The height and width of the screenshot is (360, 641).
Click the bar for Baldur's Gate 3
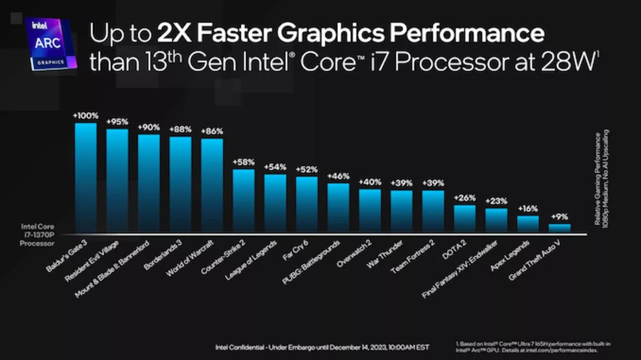click(85, 179)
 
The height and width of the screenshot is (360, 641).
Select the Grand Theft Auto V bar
click(559, 229)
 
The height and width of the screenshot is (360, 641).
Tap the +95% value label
click(117, 122)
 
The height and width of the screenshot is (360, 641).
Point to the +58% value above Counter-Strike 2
click(244, 162)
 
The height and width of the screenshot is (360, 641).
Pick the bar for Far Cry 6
click(307, 205)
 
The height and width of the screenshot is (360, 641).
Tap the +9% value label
click(559, 217)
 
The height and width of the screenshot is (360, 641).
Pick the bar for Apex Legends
click(528, 225)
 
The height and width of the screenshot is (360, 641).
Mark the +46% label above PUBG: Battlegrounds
click(338, 176)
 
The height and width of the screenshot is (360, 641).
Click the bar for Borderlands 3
click(180, 185)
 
